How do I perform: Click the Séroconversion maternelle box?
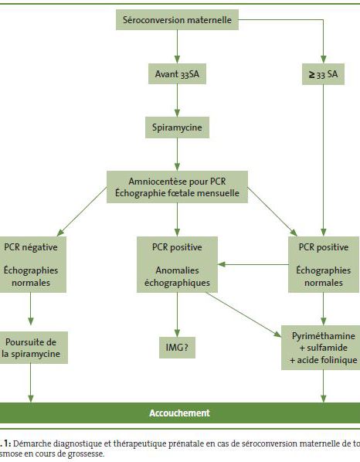[177, 20]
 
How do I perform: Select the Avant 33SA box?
[177, 73]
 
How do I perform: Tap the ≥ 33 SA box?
[323, 74]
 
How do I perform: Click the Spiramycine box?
[177, 127]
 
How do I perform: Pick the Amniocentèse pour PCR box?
[177, 187]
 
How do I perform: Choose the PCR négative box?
[31, 264]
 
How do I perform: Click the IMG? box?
[177, 348]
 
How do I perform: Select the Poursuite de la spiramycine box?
[32, 348]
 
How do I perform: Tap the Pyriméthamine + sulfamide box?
[322, 348]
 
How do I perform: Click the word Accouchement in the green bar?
[179, 413]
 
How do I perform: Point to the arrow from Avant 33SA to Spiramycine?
[177, 100]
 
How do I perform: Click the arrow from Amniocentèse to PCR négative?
[82, 212]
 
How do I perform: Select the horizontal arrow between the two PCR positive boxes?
[253, 264]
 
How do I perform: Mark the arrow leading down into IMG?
[177, 314]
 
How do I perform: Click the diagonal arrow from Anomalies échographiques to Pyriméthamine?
[243, 314]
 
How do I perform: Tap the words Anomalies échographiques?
[177, 277]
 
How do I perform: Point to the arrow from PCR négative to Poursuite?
[31, 309]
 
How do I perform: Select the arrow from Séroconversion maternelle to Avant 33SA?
[177, 46]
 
